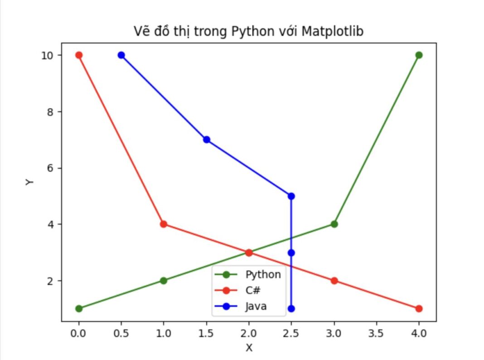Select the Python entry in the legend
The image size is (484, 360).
coord(263,274)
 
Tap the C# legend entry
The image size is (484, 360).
coord(252,290)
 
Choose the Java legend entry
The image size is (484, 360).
coord(256,306)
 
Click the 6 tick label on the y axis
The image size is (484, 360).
coord(51,168)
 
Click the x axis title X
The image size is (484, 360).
coord(249,348)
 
